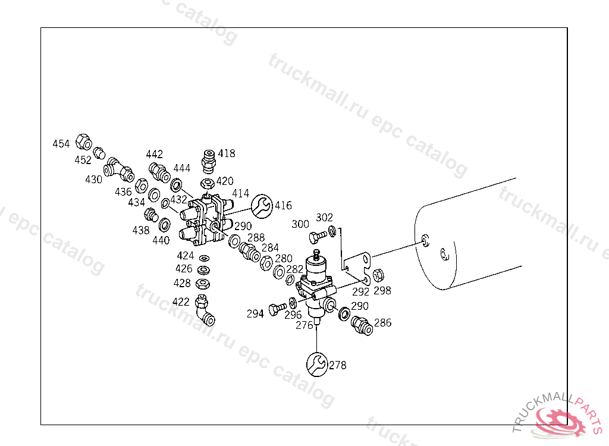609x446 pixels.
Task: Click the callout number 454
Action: pos(61,144)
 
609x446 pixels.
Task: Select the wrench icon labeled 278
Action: pos(317,364)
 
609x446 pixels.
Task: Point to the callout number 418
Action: pos(227,153)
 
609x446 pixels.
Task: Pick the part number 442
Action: pos(154,155)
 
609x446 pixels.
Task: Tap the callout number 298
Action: pos(382,291)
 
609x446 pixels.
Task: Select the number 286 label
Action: pos(383,323)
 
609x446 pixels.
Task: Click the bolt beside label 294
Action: pos(274,309)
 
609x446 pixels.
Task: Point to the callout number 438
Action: pos(141,230)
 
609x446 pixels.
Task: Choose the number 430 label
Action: pos(93,179)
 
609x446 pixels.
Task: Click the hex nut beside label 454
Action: pos(84,143)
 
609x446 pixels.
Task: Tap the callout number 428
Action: pos(183,283)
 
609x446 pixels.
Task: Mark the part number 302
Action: pos(325,218)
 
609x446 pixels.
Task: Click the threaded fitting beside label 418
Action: pos(209,159)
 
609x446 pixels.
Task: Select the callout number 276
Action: pos(304,325)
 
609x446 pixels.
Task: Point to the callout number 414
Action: pos(240,193)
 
